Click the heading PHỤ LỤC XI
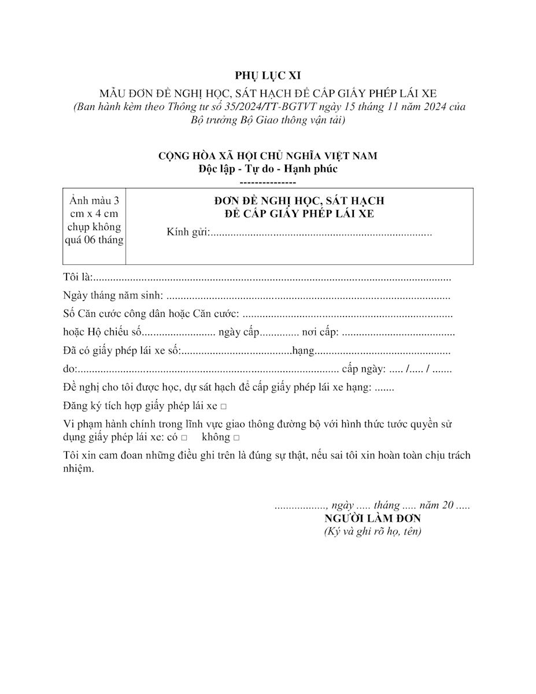point(268,75)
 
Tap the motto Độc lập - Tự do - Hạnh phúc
point(268,169)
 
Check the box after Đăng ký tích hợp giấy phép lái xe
point(224,407)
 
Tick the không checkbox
point(236,438)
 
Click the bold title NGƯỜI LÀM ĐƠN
point(372,518)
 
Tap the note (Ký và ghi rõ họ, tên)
point(372,531)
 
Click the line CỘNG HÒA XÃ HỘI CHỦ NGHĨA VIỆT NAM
point(268,156)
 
